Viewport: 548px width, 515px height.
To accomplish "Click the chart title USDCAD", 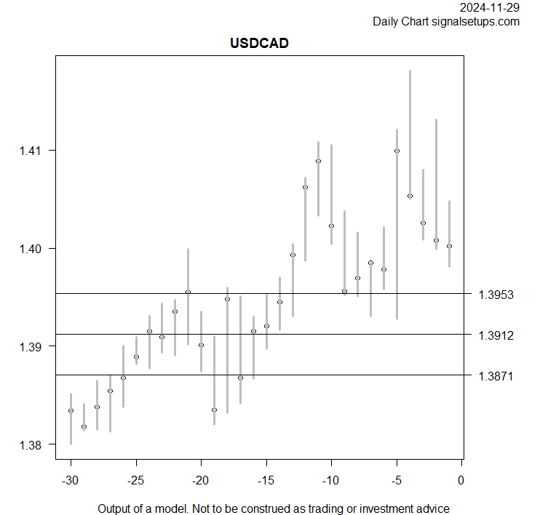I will [259, 43].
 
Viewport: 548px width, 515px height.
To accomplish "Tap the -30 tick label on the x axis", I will [71, 481].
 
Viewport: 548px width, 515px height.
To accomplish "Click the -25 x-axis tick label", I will [135, 481].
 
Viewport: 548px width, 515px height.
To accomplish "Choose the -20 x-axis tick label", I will [201, 481].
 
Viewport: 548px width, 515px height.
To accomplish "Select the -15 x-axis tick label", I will [266, 481].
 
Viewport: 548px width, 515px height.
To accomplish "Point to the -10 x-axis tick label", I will [331, 481].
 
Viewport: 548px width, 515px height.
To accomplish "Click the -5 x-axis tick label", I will [397, 481].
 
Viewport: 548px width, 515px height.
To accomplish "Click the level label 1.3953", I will [496, 295].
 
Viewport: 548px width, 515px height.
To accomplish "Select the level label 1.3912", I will [496, 335].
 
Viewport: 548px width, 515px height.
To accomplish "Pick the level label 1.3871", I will [496, 376].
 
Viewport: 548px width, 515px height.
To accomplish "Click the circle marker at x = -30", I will [71, 411].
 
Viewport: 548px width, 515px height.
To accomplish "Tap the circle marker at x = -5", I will [397, 151].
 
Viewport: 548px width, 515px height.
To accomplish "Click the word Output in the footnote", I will [115, 508].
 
